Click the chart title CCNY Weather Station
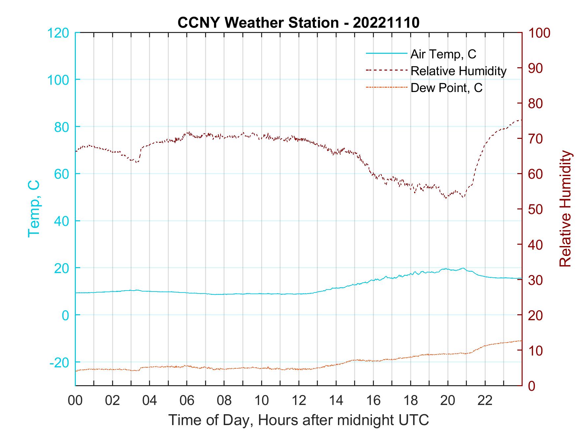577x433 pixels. coord(298,23)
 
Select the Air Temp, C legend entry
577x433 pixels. coord(443,54)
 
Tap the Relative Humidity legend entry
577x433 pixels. coord(458,71)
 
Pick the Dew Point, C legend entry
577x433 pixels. coord(446,88)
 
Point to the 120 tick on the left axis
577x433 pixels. coord(58,33)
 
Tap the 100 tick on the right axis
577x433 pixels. coord(540,33)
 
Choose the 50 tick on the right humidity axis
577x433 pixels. coord(536,209)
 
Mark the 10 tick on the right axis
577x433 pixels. coord(536,351)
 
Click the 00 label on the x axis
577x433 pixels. coord(75,401)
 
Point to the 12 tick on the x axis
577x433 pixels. coord(299,401)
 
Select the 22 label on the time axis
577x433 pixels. coord(485,401)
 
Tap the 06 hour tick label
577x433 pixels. coord(187,401)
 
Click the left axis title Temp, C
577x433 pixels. coord(34,208)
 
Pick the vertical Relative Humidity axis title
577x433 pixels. coord(565,208)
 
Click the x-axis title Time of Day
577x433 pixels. coord(299,420)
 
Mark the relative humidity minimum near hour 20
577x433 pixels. coord(446,198)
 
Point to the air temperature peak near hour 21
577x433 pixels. coord(463,268)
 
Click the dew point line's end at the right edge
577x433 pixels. coord(522,341)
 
